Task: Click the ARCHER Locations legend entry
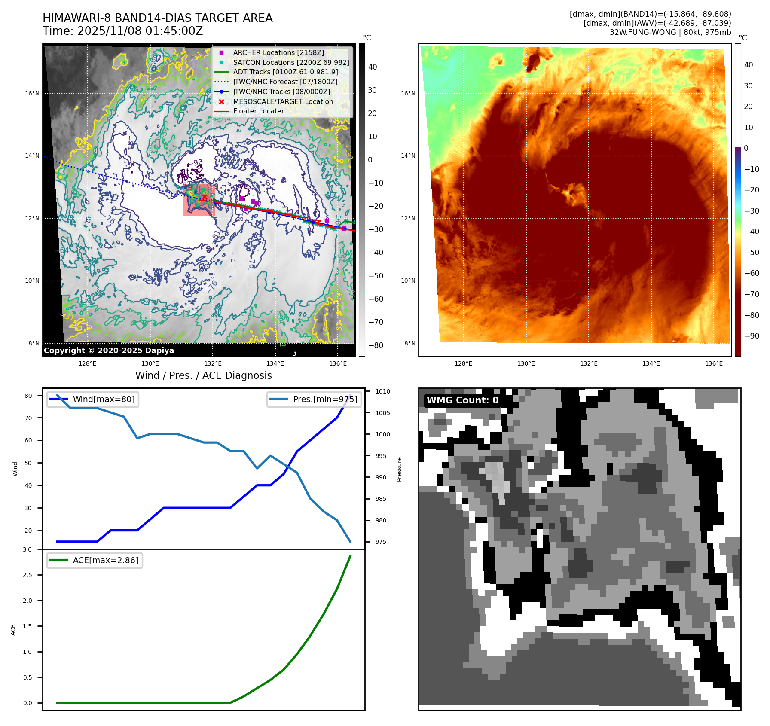tap(278, 52)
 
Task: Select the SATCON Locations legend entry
tap(291, 62)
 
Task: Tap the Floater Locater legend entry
tap(258, 111)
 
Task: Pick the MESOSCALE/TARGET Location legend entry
tap(283, 101)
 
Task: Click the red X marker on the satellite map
tap(205, 197)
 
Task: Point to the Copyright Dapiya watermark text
tap(109, 351)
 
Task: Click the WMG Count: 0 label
tap(462, 400)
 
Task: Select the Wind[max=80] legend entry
tap(104, 399)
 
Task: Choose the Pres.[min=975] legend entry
tap(325, 399)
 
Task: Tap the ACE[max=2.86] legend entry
tap(105, 560)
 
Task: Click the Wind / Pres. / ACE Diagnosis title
tap(203, 375)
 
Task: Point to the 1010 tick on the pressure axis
tap(382, 391)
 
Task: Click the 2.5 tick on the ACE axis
tap(27, 575)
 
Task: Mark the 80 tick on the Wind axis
tap(28, 396)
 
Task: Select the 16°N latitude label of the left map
tap(32, 93)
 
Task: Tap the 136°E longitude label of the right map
tap(714, 363)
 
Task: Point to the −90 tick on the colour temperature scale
tap(752, 336)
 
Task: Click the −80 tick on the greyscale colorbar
tap(376, 345)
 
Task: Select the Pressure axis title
tap(399, 469)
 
